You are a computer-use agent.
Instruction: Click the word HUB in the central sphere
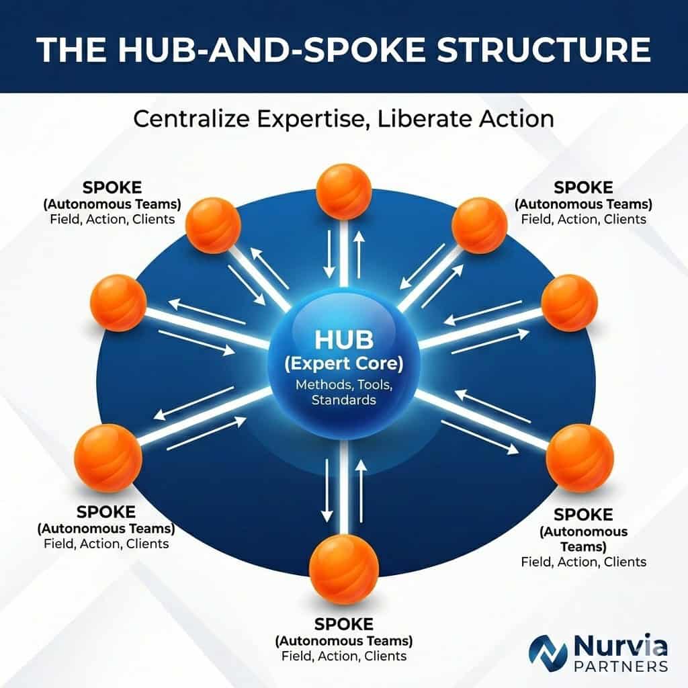pyautogui.click(x=344, y=339)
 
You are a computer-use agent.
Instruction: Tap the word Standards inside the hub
pyautogui.click(x=343, y=400)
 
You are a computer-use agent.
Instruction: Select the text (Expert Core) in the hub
pyautogui.click(x=343, y=363)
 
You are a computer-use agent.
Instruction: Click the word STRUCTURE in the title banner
pyautogui.click(x=544, y=49)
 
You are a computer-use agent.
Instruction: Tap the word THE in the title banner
pyautogui.click(x=71, y=49)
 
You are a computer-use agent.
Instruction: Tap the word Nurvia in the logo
pyautogui.click(x=620, y=646)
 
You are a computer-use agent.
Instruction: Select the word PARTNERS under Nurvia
pyautogui.click(x=621, y=666)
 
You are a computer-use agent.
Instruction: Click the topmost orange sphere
pyautogui.click(x=343, y=191)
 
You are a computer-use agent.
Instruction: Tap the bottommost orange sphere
pyautogui.click(x=343, y=570)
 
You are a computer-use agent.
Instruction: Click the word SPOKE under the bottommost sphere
pyautogui.click(x=343, y=624)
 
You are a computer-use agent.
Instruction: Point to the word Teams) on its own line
pyautogui.click(x=583, y=547)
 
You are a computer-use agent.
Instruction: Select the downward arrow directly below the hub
pyautogui.click(x=327, y=490)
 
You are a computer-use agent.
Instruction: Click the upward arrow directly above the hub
pyautogui.click(x=359, y=255)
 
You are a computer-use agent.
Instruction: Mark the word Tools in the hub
pyautogui.click(x=375, y=385)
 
